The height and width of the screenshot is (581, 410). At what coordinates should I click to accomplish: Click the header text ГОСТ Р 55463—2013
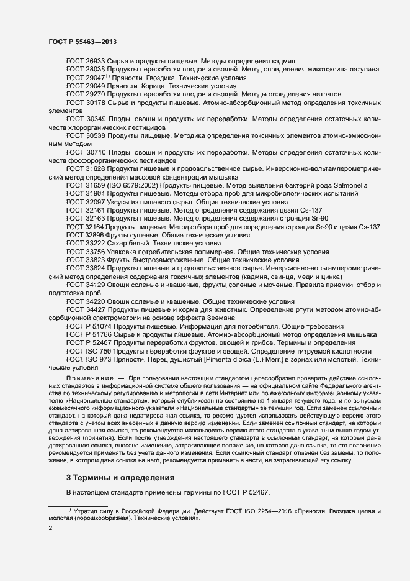(x=82, y=42)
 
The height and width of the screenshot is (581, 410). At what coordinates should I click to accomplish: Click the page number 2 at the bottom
(x=50, y=528)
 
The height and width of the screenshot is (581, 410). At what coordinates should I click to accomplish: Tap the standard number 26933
(x=94, y=61)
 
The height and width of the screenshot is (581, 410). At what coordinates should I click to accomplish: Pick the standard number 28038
(x=94, y=69)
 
